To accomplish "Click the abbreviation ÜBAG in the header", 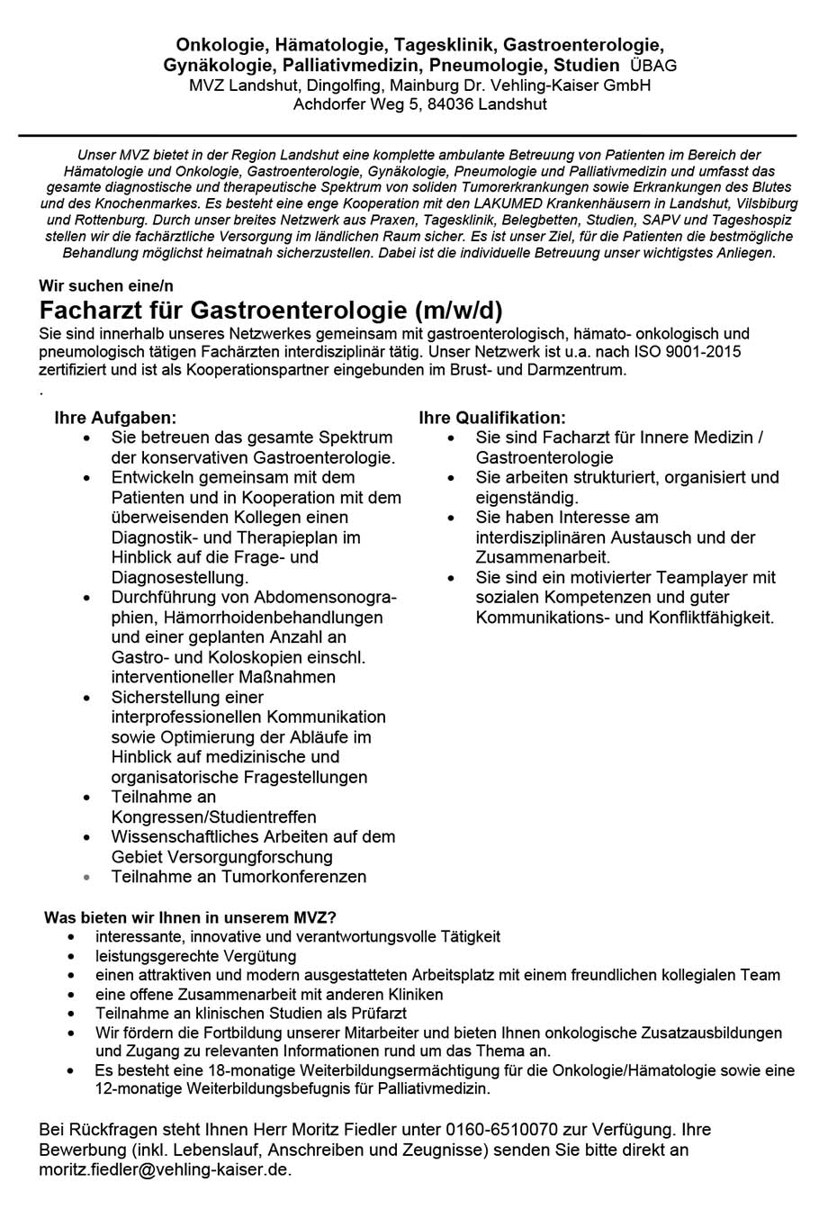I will pyautogui.click(x=653, y=66).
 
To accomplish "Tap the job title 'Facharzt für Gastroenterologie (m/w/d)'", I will pyautogui.click(x=271, y=311).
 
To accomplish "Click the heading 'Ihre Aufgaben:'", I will pyautogui.click(x=114, y=419).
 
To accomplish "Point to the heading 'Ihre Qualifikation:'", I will pyautogui.click(x=492, y=419).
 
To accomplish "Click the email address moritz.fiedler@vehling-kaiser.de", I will pyautogui.click(x=165, y=1169).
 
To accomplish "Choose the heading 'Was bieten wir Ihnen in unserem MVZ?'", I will pyautogui.click(x=190, y=918).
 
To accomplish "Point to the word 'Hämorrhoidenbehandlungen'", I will pyautogui.click(x=247, y=618).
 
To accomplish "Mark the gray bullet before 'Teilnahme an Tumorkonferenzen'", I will pyautogui.click(x=85, y=876).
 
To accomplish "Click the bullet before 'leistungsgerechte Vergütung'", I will pyautogui.click(x=71, y=957).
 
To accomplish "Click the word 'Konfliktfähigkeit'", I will pyautogui.click(x=715, y=618).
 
